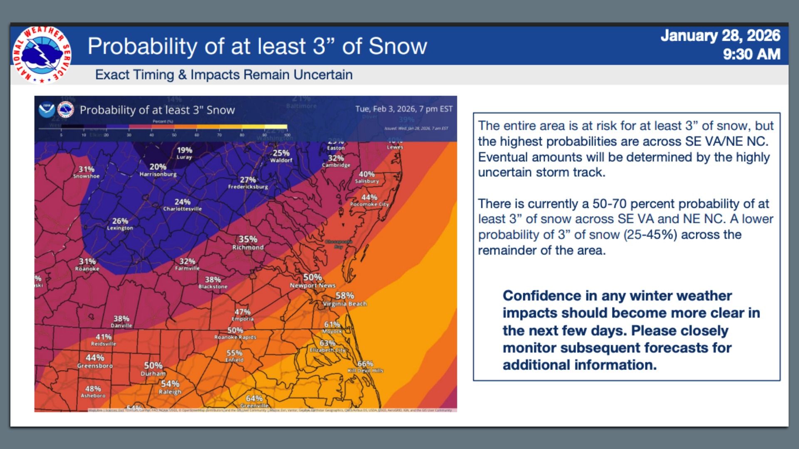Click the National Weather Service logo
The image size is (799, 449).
pyautogui.click(x=42, y=54)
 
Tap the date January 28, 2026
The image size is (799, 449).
pyautogui.click(x=720, y=36)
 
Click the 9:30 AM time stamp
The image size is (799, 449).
pyautogui.click(x=751, y=54)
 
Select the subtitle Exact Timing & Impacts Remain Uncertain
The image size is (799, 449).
pyautogui.click(x=223, y=75)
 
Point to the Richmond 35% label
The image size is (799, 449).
pyautogui.click(x=248, y=243)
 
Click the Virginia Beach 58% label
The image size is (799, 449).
pyautogui.click(x=345, y=299)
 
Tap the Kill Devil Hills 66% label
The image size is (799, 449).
pyautogui.click(x=365, y=367)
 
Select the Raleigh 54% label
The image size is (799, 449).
pyautogui.click(x=170, y=387)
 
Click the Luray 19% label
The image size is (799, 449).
pyautogui.click(x=184, y=153)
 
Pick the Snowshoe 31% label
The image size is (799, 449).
pyautogui.click(x=87, y=172)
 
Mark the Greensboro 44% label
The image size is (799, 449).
pyautogui.click(x=95, y=361)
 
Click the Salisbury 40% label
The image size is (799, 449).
pyautogui.click(x=367, y=177)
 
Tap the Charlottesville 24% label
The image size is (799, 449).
pyautogui.click(x=182, y=205)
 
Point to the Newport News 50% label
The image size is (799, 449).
pyautogui.click(x=313, y=281)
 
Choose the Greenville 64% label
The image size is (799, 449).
pyautogui.click(x=254, y=401)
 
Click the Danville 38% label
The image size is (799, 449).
pyautogui.click(x=122, y=322)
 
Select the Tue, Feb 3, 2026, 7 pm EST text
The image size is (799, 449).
pyautogui.click(x=404, y=109)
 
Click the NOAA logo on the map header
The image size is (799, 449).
pyautogui.click(x=47, y=110)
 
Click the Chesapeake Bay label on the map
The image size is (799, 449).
pyautogui.click(x=338, y=244)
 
